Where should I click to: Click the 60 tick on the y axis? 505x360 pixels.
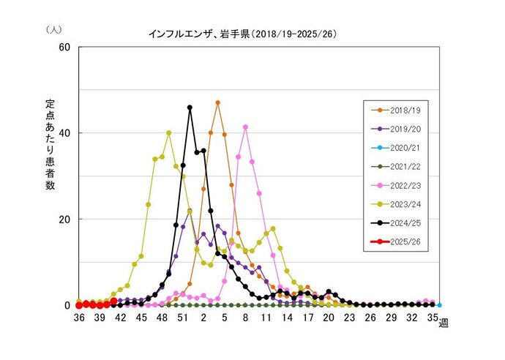pyautogui.click(x=64, y=47)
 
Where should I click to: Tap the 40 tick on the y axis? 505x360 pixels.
pyautogui.click(x=64, y=133)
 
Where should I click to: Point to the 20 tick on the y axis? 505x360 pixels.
pyautogui.click(x=64, y=220)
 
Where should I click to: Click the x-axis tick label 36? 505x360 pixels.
pyautogui.click(x=78, y=318)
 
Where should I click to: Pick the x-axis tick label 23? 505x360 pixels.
pyautogui.click(x=349, y=318)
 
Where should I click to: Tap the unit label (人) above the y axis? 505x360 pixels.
pyautogui.click(x=53, y=29)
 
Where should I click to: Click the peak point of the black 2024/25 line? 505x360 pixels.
pyautogui.click(x=190, y=108)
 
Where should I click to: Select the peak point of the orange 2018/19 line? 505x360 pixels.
pyautogui.click(x=217, y=102)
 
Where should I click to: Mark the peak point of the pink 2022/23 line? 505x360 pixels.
pyautogui.click(x=245, y=127)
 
